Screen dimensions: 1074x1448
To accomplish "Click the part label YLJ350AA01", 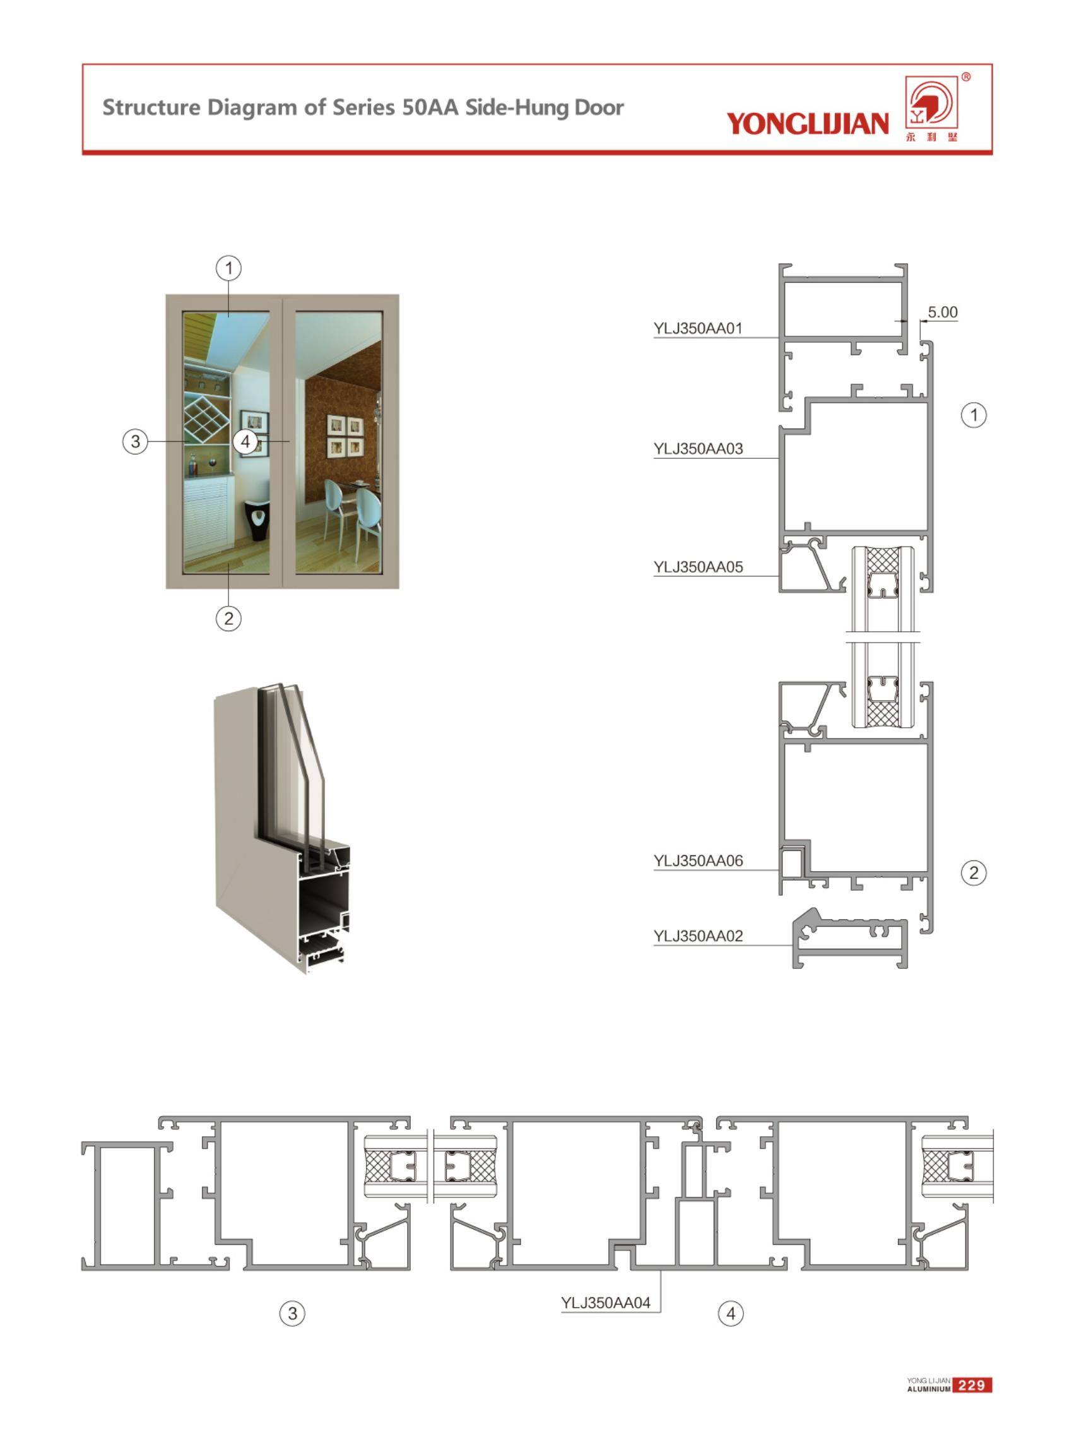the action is click(697, 328).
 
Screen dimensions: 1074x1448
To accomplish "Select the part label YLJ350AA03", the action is click(697, 449).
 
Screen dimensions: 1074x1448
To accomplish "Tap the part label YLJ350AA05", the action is click(697, 567).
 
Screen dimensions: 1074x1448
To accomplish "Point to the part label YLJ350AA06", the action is click(697, 861).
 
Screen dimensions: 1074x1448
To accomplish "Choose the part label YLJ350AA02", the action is click(697, 935).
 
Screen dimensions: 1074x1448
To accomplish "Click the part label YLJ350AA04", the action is click(605, 1302).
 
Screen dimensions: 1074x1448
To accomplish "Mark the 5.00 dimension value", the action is click(942, 312).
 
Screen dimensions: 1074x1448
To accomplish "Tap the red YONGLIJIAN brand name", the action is click(808, 124).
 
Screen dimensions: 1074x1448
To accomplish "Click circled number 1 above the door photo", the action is click(228, 268).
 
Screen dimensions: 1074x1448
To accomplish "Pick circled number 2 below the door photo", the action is click(228, 619).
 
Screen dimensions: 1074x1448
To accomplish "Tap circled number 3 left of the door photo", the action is click(135, 441).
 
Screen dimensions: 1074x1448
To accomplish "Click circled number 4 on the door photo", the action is click(245, 441).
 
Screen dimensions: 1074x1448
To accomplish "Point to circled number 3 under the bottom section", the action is click(293, 1314).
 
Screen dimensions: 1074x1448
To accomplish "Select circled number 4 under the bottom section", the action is click(731, 1314).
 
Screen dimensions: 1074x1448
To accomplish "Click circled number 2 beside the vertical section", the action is click(973, 872).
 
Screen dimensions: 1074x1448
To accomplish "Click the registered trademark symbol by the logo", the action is click(966, 78).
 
